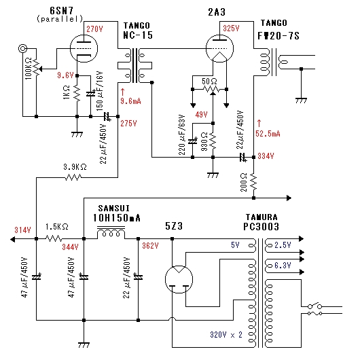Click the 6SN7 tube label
tap(62, 11)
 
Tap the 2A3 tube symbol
tap(219, 48)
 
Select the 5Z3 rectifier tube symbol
tap(179, 279)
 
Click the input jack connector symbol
tap(22, 48)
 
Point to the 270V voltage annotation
tap(94, 29)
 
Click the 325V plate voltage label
tap(231, 29)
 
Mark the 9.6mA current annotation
tap(130, 101)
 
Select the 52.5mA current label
tap(268, 134)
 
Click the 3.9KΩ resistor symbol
tap(73, 177)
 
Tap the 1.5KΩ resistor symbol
tap(54, 238)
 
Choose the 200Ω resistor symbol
tap(253, 181)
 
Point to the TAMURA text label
tap(262, 217)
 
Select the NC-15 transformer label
tap(138, 35)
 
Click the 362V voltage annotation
tap(150, 246)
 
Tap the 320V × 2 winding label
tap(226, 335)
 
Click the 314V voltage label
tap(22, 230)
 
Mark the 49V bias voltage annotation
tap(201, 114)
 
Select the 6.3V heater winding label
tap(283, 266)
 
